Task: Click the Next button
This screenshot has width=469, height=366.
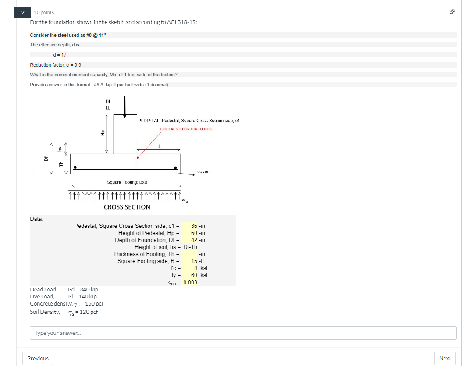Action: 445,358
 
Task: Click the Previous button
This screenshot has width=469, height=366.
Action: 38,358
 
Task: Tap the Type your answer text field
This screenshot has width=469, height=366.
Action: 243,333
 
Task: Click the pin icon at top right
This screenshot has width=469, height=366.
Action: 452,12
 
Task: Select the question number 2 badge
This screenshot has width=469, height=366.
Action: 23,12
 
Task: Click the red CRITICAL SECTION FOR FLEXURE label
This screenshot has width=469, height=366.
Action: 186,129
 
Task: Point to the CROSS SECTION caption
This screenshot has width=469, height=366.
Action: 127,207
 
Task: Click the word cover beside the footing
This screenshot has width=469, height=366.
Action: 203,171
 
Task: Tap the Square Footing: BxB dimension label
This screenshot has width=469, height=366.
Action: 127,182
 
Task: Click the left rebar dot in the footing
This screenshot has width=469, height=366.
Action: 75,167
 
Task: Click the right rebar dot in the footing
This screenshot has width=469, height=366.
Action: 175,168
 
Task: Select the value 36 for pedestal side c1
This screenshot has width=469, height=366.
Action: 194,226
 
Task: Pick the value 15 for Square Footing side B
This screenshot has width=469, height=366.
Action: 195,261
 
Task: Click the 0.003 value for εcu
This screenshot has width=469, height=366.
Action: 190,282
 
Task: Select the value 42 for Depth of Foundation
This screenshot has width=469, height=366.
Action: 194,240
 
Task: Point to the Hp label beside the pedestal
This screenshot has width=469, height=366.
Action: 103,133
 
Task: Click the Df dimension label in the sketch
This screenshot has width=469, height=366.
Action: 46,159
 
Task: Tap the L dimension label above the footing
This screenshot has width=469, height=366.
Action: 160,146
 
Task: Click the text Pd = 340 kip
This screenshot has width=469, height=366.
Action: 83,289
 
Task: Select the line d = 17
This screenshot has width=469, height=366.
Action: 60,55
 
